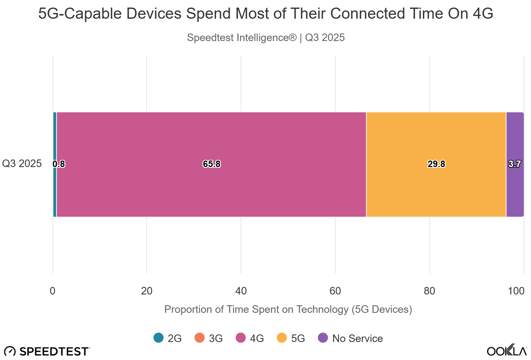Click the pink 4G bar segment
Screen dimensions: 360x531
(211, 137)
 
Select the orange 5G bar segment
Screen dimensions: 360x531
(436, 137)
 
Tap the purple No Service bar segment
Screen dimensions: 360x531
(515, 137)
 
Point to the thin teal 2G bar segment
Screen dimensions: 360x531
(55, 137)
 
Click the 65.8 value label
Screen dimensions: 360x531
(211, 164)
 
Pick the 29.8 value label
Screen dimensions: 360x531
(436, 164)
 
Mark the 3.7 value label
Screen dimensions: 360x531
(514, 164)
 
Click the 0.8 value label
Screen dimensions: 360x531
(59, 164)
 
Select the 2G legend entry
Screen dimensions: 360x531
(168, 338)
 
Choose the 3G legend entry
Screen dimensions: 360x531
(209, 338)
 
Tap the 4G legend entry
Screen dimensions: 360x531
(250, 338)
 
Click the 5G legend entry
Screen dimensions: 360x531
(291, 338)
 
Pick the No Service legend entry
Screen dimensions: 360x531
(351, 338)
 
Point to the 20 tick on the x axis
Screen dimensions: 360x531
(147, 291)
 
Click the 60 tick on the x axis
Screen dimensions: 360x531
(335, 291)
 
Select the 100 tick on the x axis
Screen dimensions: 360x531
(516, 291)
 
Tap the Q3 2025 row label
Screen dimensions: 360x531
(22, 163)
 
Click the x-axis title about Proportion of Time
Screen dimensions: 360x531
(288, 309)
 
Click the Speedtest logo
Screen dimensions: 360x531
(47, 351)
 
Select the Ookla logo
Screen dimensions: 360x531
(507, 350)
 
